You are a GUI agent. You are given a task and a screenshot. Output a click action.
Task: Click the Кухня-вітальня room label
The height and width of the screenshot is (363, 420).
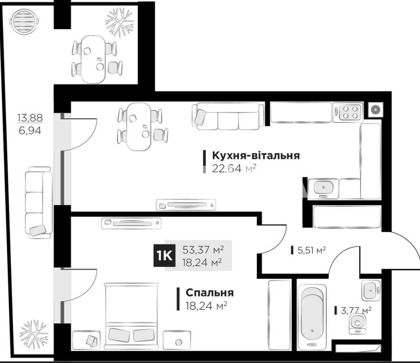[256, 155]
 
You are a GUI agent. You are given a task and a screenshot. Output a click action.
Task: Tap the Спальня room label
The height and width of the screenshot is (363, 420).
[210, 292]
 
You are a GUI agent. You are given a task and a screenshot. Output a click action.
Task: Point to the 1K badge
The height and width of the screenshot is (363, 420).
[164, 256]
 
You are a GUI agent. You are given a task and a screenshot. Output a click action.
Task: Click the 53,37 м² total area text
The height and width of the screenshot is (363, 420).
[203, 250]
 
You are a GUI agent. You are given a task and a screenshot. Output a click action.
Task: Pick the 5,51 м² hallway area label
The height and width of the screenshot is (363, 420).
[311, 250]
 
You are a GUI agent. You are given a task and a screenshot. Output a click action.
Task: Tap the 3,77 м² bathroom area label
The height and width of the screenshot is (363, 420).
[356, 311]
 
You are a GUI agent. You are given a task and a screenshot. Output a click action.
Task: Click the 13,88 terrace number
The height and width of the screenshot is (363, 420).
[30, 117]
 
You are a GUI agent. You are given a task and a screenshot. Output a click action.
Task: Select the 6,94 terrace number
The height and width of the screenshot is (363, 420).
[30, 130]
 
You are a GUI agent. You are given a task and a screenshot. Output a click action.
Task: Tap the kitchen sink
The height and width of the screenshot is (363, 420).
[323, 189]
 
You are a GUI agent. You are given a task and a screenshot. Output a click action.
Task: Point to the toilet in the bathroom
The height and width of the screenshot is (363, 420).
[357, 324]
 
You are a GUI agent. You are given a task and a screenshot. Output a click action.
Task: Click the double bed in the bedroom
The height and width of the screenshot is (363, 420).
[131, 316]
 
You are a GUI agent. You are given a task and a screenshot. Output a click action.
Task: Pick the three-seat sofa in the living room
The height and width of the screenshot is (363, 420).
[228, 116]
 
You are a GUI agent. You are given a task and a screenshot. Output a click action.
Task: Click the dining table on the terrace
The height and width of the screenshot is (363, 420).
[93, 59]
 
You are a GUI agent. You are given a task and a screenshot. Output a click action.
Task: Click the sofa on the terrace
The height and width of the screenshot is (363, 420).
[39, 203]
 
